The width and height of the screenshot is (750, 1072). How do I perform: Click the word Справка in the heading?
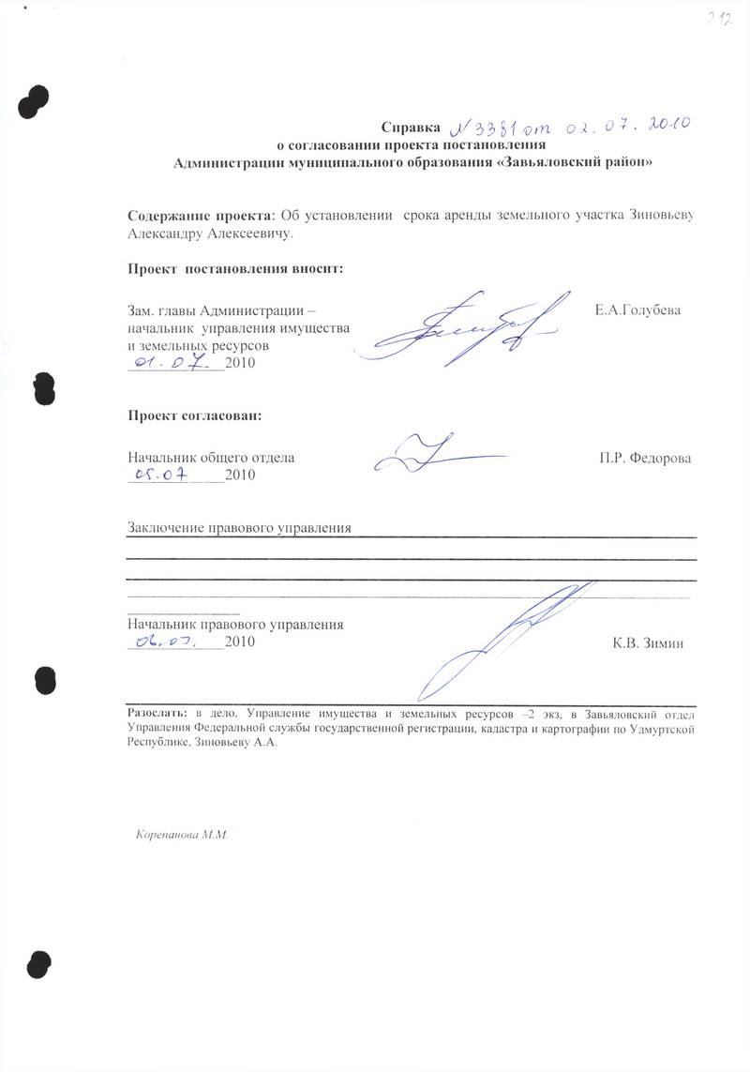tap(410, 128)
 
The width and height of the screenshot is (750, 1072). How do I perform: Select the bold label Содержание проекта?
tap(197, 216)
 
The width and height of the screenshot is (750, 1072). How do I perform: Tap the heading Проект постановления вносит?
tap(235, 269)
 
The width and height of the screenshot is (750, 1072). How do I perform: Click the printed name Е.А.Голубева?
tap(637, 309)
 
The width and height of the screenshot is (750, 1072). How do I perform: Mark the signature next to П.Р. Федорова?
tap(441, 455)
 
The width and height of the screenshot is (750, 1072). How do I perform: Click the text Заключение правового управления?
tap(239, 528)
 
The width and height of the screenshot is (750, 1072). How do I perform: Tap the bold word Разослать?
tap(157, 713)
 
